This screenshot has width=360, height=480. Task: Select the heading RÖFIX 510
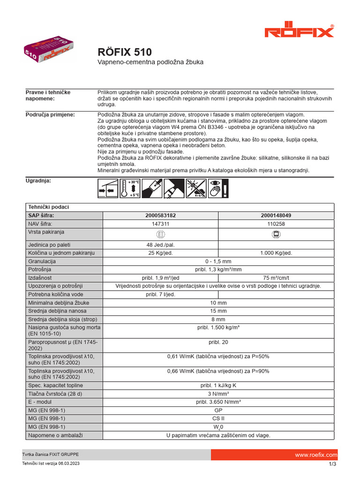124,52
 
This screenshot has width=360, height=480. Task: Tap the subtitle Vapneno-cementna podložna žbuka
150,62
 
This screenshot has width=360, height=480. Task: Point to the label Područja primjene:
50,115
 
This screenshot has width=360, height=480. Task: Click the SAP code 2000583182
161,215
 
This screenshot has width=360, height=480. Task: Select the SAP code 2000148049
276,215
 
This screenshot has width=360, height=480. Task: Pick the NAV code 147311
161,224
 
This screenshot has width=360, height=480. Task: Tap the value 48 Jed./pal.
161,244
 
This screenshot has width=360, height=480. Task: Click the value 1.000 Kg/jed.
276,253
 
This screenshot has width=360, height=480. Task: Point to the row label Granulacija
42,262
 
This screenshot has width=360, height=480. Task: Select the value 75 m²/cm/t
276,277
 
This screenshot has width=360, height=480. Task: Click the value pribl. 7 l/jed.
161,294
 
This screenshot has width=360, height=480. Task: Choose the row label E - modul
42,402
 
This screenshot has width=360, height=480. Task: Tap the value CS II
218,418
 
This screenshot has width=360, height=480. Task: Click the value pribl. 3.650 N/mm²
218,402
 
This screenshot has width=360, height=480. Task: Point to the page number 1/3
332,464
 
